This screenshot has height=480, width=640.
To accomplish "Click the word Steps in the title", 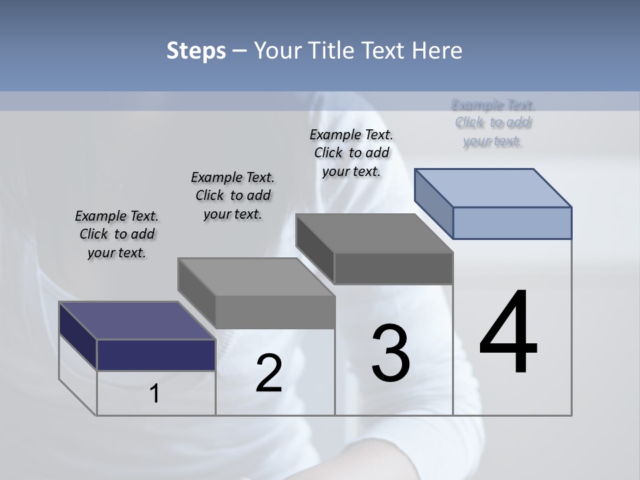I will [196, 51].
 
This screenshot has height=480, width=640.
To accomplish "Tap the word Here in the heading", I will [437, 51].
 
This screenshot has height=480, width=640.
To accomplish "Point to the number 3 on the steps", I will [391, 353].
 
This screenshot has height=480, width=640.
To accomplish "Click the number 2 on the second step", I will [269, 373].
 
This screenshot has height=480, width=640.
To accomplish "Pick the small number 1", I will [155, 394].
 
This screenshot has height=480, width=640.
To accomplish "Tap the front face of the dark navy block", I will [156, 355].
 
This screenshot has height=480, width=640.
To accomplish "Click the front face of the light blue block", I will [512, 223].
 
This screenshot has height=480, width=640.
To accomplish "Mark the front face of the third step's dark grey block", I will [393, 268].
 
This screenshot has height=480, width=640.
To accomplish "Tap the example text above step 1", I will [117, 234].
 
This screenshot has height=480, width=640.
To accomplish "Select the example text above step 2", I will [233, 195].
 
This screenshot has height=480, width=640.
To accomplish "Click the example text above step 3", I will [351, 153].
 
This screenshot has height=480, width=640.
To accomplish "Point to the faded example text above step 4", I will [493, 123].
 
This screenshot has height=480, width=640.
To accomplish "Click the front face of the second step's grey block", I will [275, 311].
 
